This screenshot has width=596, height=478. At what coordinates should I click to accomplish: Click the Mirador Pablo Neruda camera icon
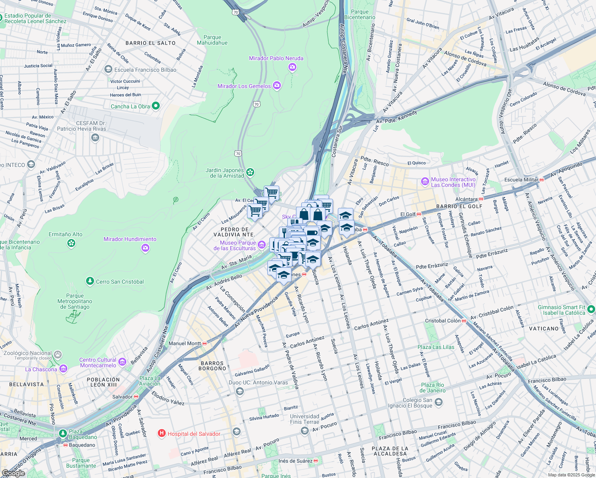[x=292, y=67]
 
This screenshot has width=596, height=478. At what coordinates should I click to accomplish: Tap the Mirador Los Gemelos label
[x=244, y=86]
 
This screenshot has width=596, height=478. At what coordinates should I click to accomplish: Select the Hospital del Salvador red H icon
[x=162, y=433]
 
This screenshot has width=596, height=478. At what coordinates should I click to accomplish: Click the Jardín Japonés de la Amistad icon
[x=250, y=172]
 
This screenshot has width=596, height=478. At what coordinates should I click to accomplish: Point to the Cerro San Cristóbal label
[x=120, y=282]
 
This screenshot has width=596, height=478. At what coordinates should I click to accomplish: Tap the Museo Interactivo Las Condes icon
[x=425, y=182]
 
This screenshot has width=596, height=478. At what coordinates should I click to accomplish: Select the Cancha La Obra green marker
[x=156, y=106]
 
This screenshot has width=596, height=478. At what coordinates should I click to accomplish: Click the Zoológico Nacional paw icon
[x=58, y=354]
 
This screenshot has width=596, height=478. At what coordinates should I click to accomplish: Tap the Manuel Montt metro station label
[x=185, y=343]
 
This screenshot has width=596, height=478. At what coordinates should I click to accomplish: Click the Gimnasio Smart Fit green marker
[x=591, y=309]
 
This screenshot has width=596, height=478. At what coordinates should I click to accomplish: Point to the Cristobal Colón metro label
[x=443, y=321]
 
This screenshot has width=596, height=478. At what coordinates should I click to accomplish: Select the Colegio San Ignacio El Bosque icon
[x=438, y=402]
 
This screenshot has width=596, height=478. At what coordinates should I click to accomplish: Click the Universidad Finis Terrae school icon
[x=305, y=431]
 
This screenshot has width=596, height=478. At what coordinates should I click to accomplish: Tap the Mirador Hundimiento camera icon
[x=145, y=248]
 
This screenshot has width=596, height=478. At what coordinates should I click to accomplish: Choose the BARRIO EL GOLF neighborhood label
[x=459, y=206]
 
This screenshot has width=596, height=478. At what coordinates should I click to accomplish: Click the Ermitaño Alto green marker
[x=71, y=243]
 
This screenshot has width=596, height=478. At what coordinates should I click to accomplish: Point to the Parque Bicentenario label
[x=360, y=15]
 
